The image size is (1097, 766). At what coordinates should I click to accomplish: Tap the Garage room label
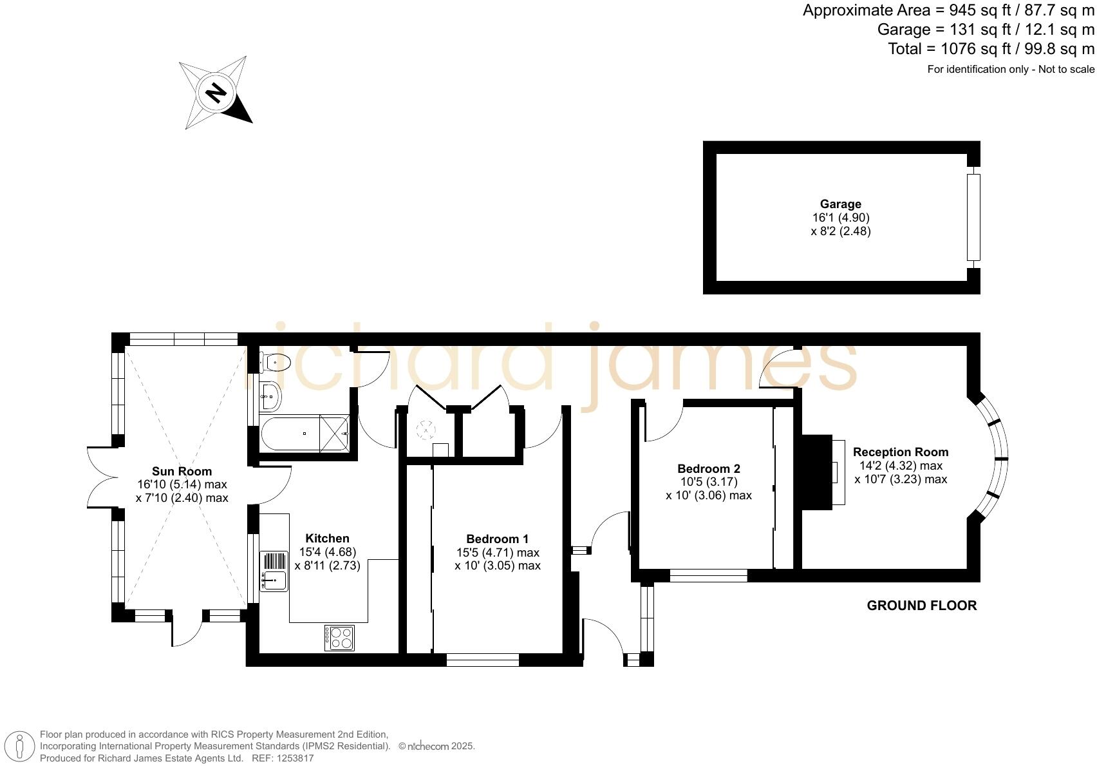click(x=840, y=204)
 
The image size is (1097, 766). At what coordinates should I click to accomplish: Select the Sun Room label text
click(x=182, y=471)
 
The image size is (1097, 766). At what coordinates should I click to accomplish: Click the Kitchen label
click(x=327, y=538)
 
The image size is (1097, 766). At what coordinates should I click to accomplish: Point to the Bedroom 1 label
click(x=497, y=539)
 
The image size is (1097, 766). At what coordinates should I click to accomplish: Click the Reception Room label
click(x=900, y=452)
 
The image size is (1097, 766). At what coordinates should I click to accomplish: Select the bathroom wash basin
click(x=270, y=396)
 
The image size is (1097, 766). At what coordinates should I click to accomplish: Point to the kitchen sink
click(x=274, y=580)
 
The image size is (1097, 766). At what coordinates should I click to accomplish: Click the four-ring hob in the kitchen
click(x=339, y=638)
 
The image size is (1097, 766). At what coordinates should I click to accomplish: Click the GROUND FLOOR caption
click(x=921, y=606)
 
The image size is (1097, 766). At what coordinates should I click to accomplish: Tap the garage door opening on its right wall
click(x=973, y=217)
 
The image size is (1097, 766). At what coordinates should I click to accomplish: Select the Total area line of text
click(x=991, y=49)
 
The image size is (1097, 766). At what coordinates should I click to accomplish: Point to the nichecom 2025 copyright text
click(x=436, y=746)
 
